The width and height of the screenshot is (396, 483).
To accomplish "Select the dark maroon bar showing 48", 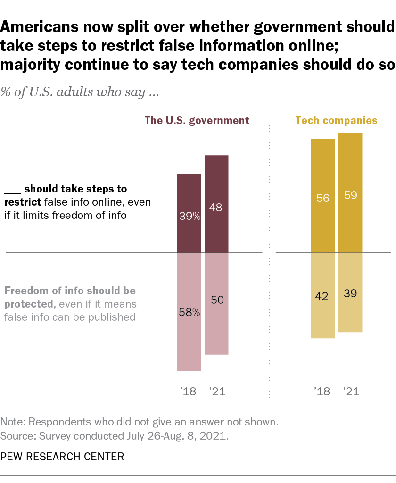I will tap(216, 189).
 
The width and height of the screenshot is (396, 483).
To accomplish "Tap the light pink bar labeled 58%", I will tap(189, 330).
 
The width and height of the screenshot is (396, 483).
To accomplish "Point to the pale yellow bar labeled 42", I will tap(322, 311).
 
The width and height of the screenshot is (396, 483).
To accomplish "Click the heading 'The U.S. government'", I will tap(197, 120).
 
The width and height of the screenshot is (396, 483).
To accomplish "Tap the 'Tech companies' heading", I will tap(336, 120).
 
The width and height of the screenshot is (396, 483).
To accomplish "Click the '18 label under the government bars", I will tap(189, 391).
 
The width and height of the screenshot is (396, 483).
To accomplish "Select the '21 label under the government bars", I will tap(216, 391).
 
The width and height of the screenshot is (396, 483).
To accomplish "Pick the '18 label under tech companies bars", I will tap(322, 391).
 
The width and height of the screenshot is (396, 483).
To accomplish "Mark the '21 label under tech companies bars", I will tap(350, 391).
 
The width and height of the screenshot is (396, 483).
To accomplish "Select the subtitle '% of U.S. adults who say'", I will tap(80, 92).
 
